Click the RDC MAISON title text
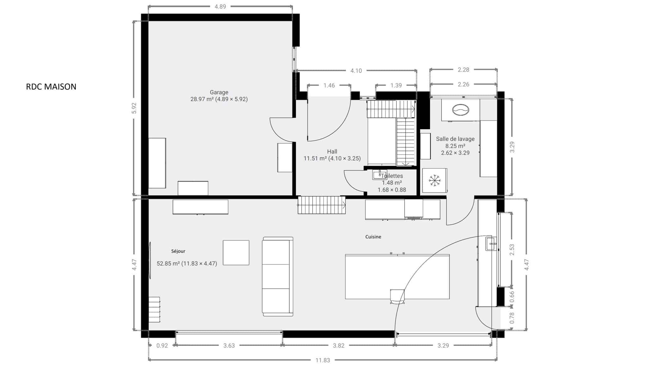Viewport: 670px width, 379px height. coord(51,87)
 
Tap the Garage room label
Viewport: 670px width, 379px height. coord(219,92)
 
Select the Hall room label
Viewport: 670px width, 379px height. coord(332,152)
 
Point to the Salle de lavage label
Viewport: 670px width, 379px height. coord(455,139)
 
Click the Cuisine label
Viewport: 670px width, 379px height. coord(373,237)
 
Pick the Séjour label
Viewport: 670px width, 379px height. coord(178,251)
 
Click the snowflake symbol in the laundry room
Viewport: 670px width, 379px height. coord(435,180)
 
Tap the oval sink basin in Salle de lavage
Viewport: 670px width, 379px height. coord(461,110)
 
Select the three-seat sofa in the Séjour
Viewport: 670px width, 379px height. coord(278,276)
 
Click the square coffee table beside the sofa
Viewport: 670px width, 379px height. coord(236,253)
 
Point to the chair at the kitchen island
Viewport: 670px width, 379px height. coord(397,297)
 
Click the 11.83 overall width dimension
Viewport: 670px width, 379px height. coord(323,360)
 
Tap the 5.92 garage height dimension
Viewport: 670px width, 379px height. coord(134,108)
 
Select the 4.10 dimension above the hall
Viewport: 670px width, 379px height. coord(356,71)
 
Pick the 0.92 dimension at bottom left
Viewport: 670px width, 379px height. coord(162,346)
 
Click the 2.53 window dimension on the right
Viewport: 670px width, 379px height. coord(512,250)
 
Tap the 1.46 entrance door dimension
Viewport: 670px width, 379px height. coord(329,86)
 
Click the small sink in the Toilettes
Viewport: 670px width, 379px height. coord(379,175)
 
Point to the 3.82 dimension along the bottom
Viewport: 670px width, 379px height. coord(338,346)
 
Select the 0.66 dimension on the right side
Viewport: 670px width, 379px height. coord(512,297)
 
